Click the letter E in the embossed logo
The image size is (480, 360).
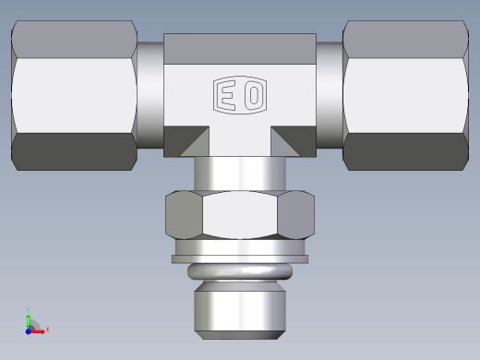tap(227, 95)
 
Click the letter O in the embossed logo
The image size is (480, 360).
tap(252, 95)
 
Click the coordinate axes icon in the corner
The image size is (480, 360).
tap(32, 324)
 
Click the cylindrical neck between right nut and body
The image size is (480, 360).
tap(329, 96)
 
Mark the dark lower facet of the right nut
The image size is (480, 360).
tap(403, 152)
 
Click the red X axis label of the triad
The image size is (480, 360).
tap(47, 329)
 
